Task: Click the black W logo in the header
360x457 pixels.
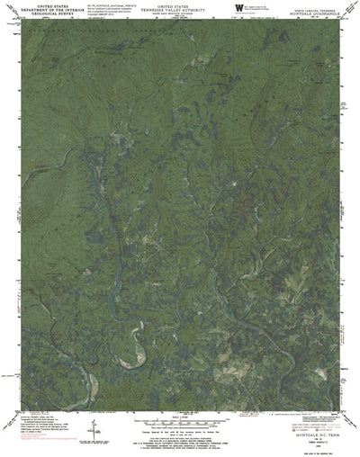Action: [x=238, y=8]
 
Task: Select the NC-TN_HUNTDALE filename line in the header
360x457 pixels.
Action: [x=108, y=4]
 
